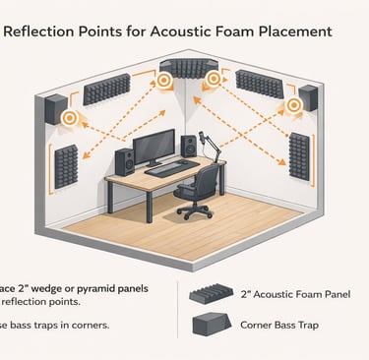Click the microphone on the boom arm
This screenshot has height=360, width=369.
tap(205, 136)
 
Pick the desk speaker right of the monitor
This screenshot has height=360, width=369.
tap(189, 147)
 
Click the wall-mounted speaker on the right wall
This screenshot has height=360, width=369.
tap(307, 96)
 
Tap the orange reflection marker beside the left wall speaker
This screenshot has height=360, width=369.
tap(69, 118)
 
